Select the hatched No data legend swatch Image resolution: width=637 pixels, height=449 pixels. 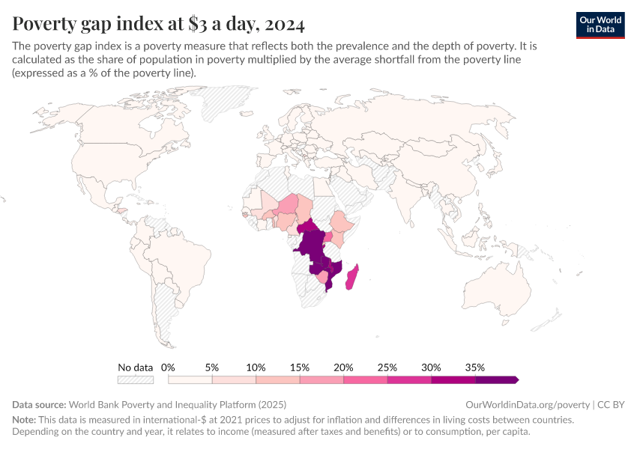(x=136, y=380)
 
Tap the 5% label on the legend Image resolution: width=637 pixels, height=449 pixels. (x=212, y=367)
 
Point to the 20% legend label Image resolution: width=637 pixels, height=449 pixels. (x=343, y=367)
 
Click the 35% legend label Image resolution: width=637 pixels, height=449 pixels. (x=475, y=367)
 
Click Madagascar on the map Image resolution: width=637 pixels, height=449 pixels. (x=351, y=276)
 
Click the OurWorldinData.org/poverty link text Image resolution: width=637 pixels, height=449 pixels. (x=531, y=403)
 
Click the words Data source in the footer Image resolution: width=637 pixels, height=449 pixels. (x=38, y=403)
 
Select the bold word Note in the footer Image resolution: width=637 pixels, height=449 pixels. (x=24, y=420)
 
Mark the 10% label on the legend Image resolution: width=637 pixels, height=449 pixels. (x=256, y=367)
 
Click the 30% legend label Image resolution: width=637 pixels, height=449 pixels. (x=431, y=367)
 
